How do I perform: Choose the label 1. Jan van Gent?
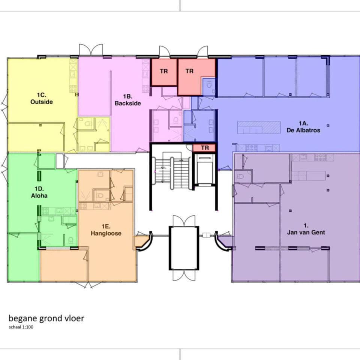tap(306, 229)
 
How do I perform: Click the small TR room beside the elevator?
tap(204, 148)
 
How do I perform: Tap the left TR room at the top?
tap(164, 71)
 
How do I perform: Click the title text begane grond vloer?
tap(46, 318)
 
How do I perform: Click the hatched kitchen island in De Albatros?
tap(259, 127)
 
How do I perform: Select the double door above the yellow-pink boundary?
tap(91, 50)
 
